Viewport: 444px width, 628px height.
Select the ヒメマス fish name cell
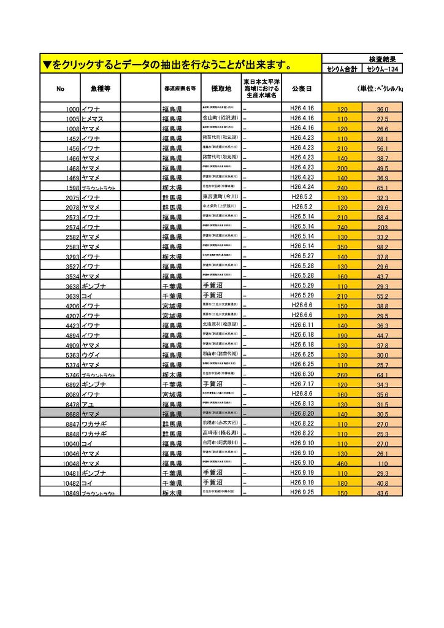(x=93, y=118)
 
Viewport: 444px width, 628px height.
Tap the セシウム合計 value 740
(x=342, y=227)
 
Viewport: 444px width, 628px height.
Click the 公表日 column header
(x=302, y=88)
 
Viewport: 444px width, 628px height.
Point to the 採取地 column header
(x=221, y=88)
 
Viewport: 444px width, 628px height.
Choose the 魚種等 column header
(x=100, y=88)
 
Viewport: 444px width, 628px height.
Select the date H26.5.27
(x=302, y=256)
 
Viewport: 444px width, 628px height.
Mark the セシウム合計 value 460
(x=342, y=464)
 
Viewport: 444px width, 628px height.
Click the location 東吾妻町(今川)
(x=220, y=197)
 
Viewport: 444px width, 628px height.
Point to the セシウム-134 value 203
(x=383, y=227)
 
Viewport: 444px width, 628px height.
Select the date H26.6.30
(x=302, y=374)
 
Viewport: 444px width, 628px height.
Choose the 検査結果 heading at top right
(x=385, y=59)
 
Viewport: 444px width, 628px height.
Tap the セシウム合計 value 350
(x=342, y=247)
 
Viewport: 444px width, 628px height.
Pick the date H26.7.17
(x=302, y=384)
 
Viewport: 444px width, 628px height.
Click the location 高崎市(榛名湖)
(x=220, y=433)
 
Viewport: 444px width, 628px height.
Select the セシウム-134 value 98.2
(x=383, y=247)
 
